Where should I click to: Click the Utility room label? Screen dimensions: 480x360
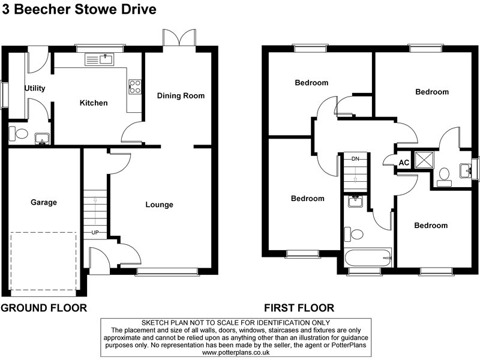[x=34, y=88]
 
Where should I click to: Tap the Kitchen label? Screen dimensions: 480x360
[x=94, y=103]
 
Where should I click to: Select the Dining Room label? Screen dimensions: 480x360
[x=181, y=95]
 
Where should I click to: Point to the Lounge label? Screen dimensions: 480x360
[x=159, y=205]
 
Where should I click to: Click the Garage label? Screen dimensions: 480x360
[x=44, y=202]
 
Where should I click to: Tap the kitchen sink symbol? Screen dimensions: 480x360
[x=100, y=59]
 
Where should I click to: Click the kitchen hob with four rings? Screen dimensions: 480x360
[x=135, y=86]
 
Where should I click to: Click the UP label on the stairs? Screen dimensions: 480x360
[x=95, y=232]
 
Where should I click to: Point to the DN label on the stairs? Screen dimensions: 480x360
[x=355, y=159]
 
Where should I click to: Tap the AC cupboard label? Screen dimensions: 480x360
[x=404, y=163]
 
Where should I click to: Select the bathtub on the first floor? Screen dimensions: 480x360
[x=368, y=259]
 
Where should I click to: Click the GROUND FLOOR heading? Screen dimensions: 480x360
[x=44, y=308]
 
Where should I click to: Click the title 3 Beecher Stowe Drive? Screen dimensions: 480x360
[x=80, y=10]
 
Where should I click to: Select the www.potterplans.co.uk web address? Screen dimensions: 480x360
[x=240, y=353]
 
